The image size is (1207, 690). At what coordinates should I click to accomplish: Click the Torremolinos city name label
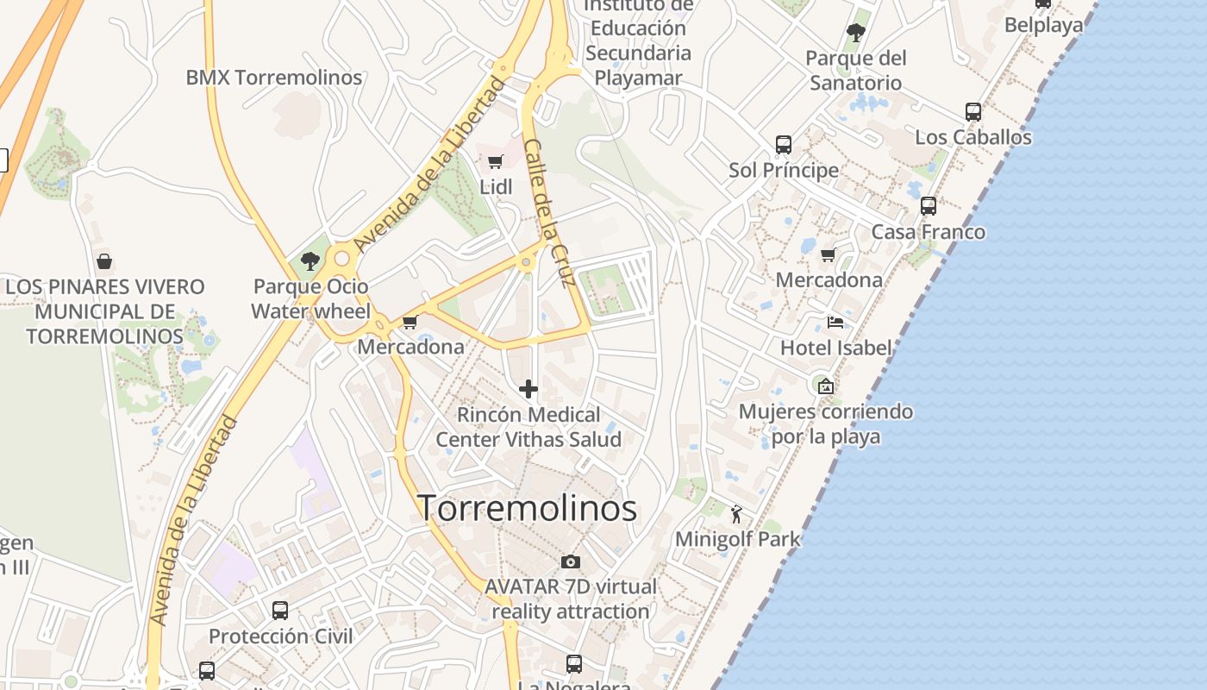tap(527, 508)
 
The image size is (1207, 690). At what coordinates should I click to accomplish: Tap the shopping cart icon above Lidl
tap(496, 161)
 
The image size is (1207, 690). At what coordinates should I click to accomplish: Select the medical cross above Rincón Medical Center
tap(528, 389)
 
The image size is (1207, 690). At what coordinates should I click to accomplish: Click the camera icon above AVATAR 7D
tap(570, 562)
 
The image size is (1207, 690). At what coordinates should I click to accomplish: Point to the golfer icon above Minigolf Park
tap(735, 515)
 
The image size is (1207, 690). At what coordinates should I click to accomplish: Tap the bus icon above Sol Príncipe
tap(783, 145)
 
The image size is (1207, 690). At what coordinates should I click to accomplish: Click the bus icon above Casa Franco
tap(928, 206)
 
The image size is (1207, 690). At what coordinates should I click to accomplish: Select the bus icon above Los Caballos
tap(972, 112)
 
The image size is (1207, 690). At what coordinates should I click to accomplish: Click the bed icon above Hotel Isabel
tap(835, 323)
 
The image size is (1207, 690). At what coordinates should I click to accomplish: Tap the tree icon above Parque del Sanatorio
tap(855, 34)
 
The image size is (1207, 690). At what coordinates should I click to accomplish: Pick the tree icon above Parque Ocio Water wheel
tap(310, 260)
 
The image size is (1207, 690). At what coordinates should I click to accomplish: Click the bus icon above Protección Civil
tap(280, 611)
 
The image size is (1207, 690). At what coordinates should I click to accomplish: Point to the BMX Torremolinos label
tap(274, 78)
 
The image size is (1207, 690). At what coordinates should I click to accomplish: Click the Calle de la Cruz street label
tap(555, 213)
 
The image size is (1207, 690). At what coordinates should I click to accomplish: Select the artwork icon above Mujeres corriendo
tap(825, 386)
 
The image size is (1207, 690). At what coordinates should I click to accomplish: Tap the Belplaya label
tap(1043, 25)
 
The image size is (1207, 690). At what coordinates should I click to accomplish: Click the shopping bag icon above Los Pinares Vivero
tap(104, 260)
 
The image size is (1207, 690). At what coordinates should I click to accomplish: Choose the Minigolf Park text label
tap(737, 540)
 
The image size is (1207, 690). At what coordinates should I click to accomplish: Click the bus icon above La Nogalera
tap(574, 664)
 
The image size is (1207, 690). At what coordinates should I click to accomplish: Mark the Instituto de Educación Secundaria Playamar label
tap(638, 41)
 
